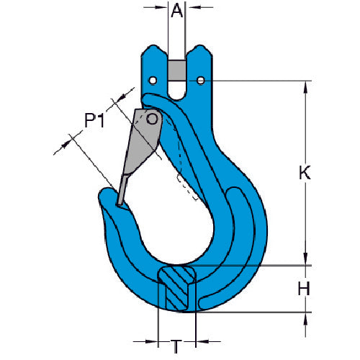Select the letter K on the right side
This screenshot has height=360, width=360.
pos(305,172)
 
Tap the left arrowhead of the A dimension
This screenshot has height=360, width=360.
pos(163,9)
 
